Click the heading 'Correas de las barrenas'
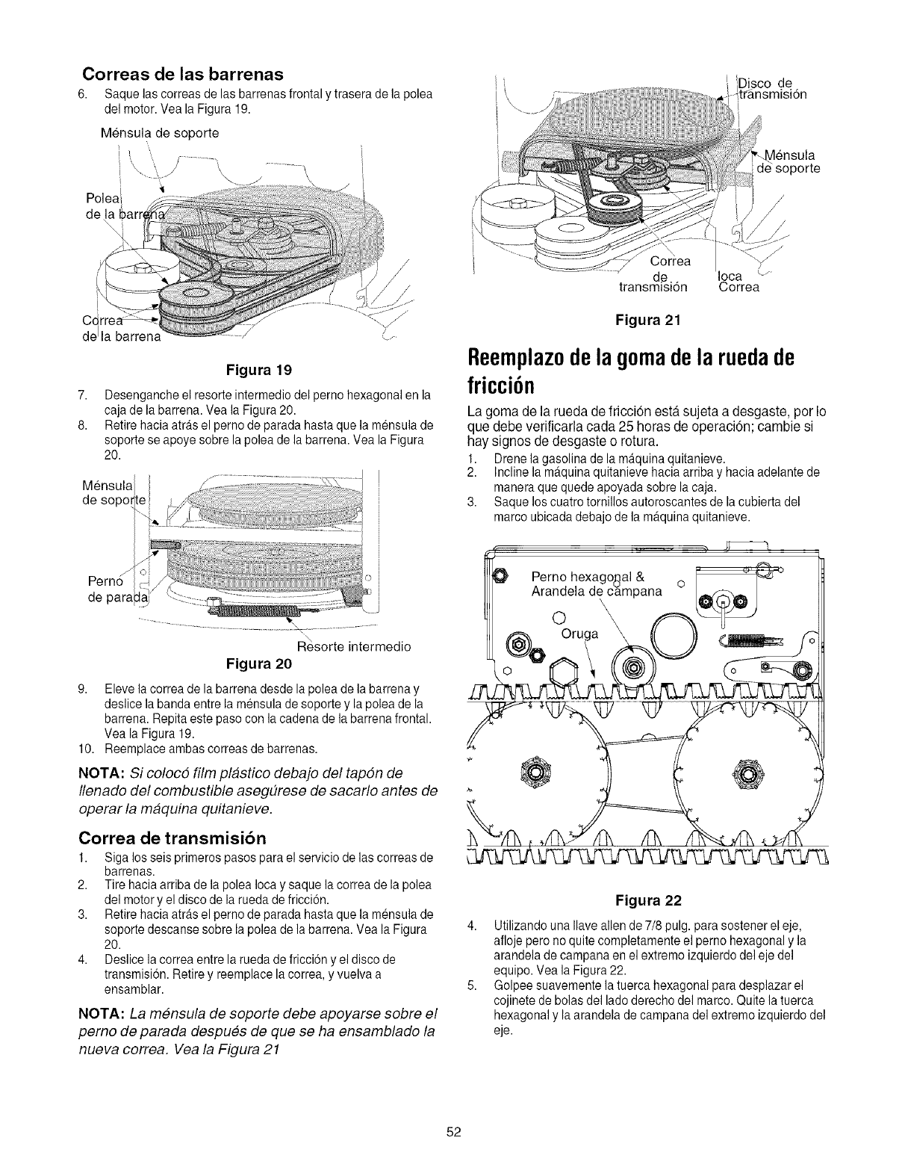click(x=183, y=74)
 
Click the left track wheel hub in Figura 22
click(x=532, y=770)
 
